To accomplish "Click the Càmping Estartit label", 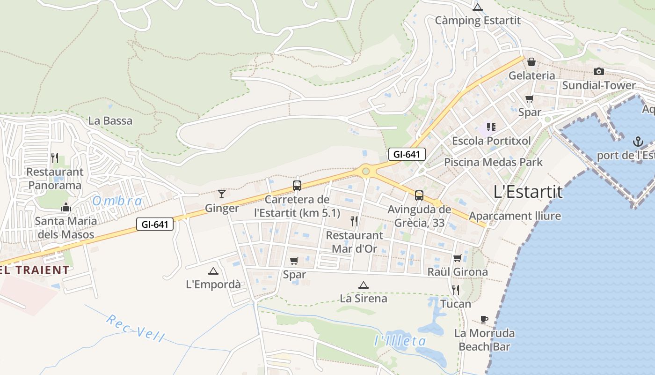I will tap(477, 21).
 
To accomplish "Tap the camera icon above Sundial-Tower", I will tap(598, 72).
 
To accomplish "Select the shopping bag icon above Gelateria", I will tap(531, 62).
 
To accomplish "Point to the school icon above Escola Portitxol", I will tap(491, 127).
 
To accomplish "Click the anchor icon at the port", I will tap(637, 141).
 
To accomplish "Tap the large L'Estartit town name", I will tap(528, 192).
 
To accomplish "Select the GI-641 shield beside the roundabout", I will tap(407, 154).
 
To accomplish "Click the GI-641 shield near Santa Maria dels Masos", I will tap(155, 225).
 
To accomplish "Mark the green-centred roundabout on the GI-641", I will tap(366, 172).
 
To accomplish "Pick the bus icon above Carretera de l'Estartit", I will tap(297, 185).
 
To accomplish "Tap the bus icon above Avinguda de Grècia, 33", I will tap(419, 195).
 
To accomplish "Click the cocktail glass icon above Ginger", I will tap(222, 194).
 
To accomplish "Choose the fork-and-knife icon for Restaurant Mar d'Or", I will tap(354, 221).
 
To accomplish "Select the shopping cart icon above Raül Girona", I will tap(457, 258).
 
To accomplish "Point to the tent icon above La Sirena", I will tap(363, 285).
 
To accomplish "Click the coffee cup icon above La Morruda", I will tap(484, 319).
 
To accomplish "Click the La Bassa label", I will tap(110, 121).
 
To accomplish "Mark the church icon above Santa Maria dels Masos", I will tap(66, 207).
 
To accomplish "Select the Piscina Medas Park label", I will tap(493, 162).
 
